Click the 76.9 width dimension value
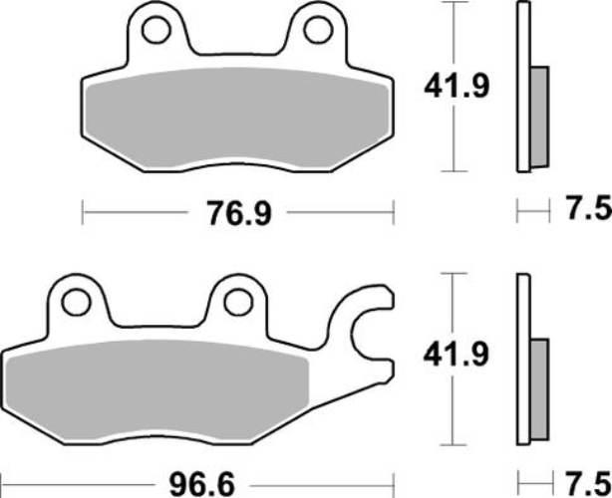coord(238,212)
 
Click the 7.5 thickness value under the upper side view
coord(586,211)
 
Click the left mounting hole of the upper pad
coord(155,31)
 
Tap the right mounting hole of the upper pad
coord(317,31)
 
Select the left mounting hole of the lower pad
coord(75,301)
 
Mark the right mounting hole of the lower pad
coord(236,301)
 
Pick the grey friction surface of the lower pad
coord(159,393)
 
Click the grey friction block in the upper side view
coord(538,117)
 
